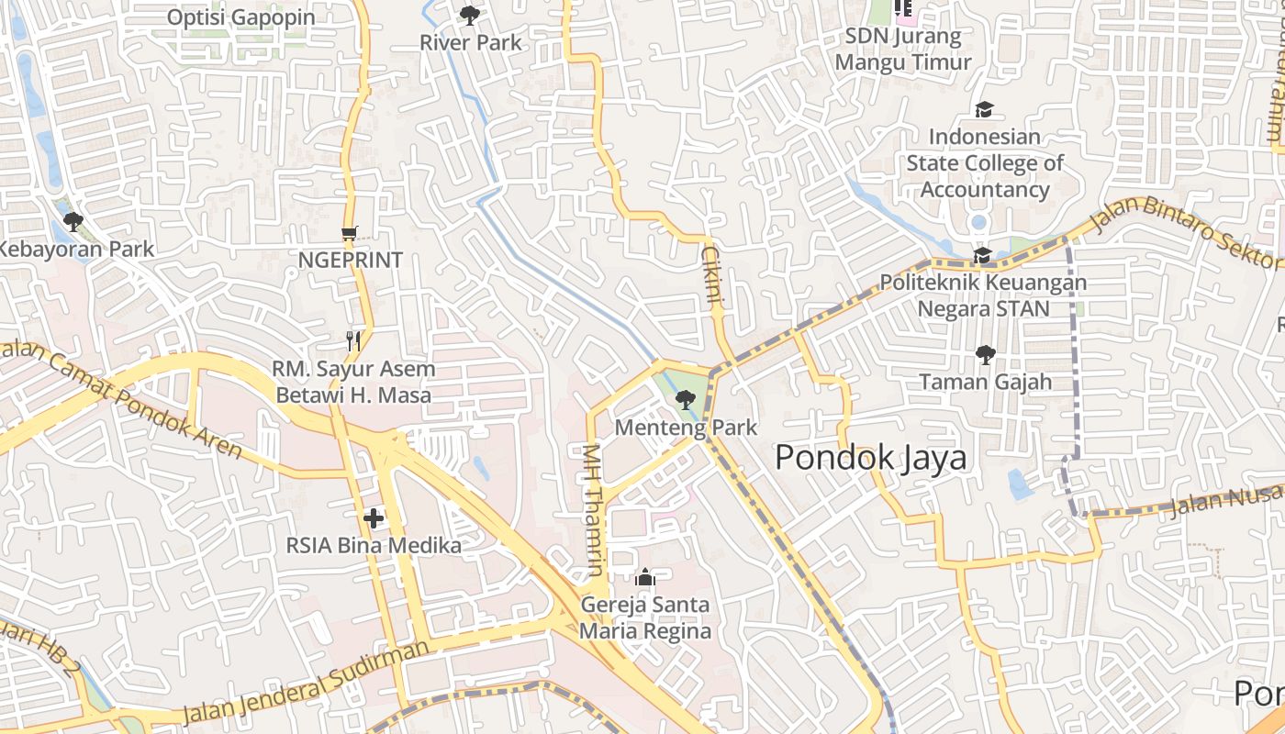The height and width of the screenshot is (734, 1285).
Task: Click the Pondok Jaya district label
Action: (870, 457)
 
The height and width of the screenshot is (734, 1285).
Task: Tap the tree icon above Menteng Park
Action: (685, 400)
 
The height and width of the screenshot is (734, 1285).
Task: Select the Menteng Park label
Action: (686, 428)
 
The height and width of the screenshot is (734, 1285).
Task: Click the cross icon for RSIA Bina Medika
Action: (374, 518)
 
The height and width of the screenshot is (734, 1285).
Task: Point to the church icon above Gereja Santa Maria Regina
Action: (645, 577)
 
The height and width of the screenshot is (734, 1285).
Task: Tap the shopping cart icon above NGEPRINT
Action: (349, 233)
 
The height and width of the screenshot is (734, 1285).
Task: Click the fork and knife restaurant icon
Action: (353, 341)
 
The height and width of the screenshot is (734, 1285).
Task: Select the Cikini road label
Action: (713, 273)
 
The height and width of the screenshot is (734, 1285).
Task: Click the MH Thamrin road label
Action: (594, 510)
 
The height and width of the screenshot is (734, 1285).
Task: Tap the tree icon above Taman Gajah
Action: (986, 354)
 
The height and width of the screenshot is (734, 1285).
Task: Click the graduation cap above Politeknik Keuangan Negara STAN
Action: (982, 255)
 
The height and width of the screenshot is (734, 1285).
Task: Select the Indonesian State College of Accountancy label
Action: (985, 163)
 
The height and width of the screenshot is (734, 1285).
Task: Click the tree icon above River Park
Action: (470, 15)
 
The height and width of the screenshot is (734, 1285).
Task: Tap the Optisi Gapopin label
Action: (241, 17)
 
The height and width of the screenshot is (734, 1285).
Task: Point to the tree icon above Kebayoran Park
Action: (73, 221)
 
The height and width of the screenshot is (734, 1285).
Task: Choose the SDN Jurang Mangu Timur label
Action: (903, 50)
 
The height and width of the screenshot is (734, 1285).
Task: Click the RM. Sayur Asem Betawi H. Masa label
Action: (353, 382)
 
